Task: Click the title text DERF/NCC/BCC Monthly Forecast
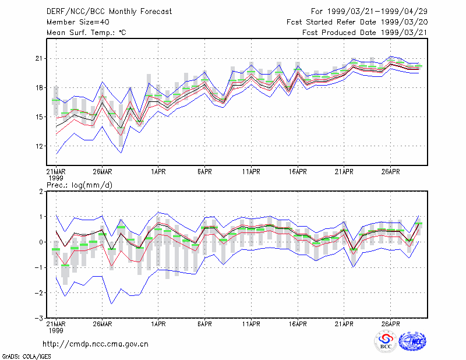(109, 12)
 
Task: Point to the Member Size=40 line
(78, 22)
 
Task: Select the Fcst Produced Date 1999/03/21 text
(365, 33)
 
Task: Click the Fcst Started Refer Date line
(357, 22)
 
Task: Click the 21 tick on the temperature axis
(39, 59)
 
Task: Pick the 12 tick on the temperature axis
(39, 146)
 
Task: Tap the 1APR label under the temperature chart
(158, 172)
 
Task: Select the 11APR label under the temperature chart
(251, 172)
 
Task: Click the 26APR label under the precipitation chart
(390, 324)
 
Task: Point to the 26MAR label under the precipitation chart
(103, 324)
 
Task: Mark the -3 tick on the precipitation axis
(39, 319)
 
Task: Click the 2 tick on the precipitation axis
(41, 192)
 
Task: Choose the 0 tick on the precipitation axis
(41, 242)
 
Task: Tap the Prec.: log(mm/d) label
(79, 185)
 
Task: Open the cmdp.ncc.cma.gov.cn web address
(96, 344)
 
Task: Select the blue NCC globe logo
(412, 341)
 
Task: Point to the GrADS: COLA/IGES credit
(26, 357)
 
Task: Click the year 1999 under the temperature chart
(56, 178)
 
